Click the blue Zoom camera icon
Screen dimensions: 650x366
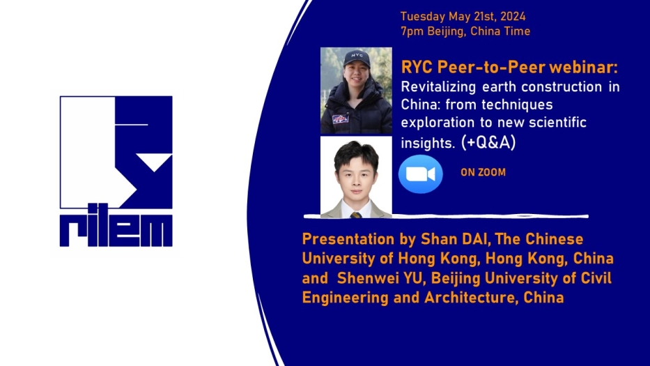tap(420, 174)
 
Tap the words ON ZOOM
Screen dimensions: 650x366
tap(483, 173)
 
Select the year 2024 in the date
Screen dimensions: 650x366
tap(513, 16)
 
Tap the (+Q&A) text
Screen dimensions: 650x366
tap(488, 142)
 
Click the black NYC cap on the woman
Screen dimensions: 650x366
tap(357, 59)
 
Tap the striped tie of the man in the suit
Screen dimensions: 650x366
tap(356, 215)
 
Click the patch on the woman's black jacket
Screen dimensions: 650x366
tap(340, 119)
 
